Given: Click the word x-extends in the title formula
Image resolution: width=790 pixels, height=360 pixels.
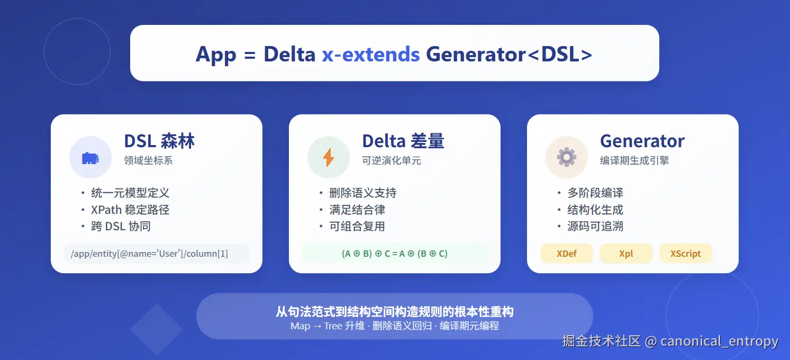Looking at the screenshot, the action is pyautogui.click(x=371, y=55).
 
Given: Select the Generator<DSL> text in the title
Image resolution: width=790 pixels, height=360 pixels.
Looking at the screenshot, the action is pyautogui.click(x=509, y=55).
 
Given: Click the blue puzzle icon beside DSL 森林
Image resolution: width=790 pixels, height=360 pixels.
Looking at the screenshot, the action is pyautogui.click(x=90, y=158).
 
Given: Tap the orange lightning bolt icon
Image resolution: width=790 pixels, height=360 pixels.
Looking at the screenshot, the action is pyautogui.click(x=329, y=157).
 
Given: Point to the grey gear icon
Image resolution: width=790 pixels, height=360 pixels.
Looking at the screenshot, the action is pyautogui.click(x=566, y=157).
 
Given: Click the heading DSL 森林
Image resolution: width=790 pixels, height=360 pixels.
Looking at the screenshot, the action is pyautogui.click(x=159, y=141).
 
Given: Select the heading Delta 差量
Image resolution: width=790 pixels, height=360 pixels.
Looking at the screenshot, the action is pyautogui.click(x=403, y=141).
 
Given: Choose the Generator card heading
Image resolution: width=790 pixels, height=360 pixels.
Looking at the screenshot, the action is pyautogui.click(x=642, y=141).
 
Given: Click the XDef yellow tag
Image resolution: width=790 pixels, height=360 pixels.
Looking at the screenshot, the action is pyautogui.click(x=566, y=254).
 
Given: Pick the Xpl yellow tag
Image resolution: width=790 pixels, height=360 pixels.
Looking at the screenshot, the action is pyautogui.click(x=626, y=254).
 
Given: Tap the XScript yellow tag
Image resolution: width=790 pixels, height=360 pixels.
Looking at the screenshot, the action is pyautogui.click(x=686, y=254).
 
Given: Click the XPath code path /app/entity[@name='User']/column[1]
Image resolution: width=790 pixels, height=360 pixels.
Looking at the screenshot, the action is pyautogui.click(x=149, y=254).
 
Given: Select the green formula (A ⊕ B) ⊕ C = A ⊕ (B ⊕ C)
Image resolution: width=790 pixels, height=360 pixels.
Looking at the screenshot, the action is pyautogui.click(x=395, y=254).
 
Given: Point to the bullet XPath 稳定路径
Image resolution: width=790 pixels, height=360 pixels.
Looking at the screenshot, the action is pyautogui.click(x=130, y=210).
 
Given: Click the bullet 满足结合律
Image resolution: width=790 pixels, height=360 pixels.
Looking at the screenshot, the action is pyautogui.click(x=357, y=210).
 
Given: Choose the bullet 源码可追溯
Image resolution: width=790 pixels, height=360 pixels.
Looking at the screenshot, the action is pyautogui.click(x=595, y=226).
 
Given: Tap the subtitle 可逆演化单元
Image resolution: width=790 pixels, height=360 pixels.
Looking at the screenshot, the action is pyautogui.click(x=392, y=160).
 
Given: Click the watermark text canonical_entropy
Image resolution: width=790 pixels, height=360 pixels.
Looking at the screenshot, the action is pyautogui.click(x=719, y=341).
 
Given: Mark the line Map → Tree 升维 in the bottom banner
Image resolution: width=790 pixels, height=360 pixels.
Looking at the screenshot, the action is pyautogui.click(x=328, y=326).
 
